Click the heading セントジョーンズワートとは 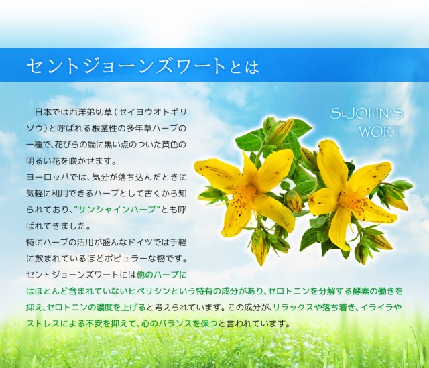(143, 66)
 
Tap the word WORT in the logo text (380, 131)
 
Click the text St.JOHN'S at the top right (366, 113)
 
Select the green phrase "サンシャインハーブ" (117, 210)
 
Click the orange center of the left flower (247, 194)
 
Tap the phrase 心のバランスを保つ (180, 324)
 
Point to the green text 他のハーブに (162, 275)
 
